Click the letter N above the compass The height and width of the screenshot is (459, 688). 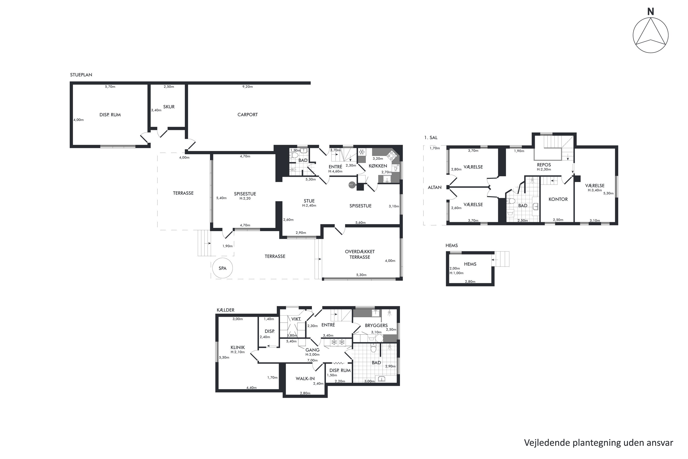click(651, 11)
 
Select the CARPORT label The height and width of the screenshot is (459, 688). click(247, 115)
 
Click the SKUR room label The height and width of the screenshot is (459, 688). click(169, 107)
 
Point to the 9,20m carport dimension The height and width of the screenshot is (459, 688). click(247, 87)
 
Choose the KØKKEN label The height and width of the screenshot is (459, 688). click(378, 166)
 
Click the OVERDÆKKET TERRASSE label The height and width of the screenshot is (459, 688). click(360, 254)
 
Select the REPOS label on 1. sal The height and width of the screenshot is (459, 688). click(544, 165)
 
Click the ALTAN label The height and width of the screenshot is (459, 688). click(435, 187)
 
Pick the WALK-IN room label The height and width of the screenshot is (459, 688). click(305, 378)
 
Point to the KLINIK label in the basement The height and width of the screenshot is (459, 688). click(238, 347)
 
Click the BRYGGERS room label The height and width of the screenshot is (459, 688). click(376, 325)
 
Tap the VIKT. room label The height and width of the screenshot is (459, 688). click(296, 319)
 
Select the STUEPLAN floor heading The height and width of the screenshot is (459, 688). click(81, 75)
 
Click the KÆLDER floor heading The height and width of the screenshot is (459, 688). click(225, 310)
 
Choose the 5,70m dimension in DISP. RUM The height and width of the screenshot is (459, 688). click(110, 87)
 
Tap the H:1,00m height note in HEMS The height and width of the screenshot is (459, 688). click(456, 273)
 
